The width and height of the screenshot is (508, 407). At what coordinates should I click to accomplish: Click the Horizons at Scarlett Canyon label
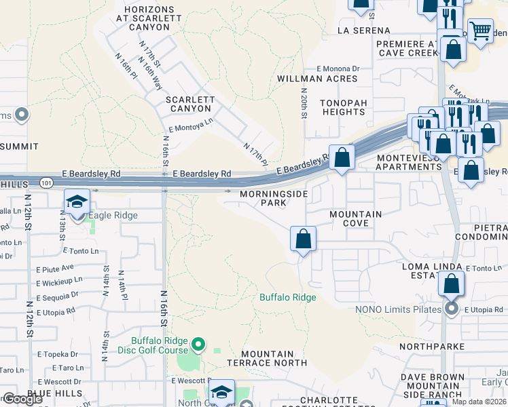[146, 18]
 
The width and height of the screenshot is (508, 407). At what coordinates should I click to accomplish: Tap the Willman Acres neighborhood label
[317, 79]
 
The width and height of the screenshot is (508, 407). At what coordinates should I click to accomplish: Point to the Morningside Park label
[274, 198]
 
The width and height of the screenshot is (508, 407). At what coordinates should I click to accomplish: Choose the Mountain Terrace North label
[268, 359]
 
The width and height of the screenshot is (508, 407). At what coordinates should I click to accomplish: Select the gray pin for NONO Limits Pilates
[452, 309]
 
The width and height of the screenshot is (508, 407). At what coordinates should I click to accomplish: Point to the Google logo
[22, 399]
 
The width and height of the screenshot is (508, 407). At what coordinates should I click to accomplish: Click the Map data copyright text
[479, 402]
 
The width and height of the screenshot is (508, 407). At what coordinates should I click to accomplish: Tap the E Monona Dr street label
[338, 69]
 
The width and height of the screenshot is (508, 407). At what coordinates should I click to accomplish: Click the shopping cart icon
[480, 30]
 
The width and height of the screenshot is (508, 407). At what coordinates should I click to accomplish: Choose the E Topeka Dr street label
[60, 355]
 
